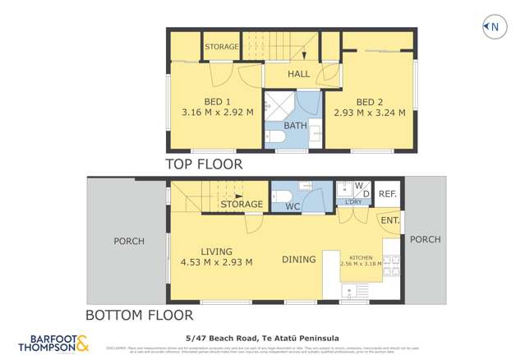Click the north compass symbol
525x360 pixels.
point(491,27)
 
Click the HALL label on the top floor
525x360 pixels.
point(298,74)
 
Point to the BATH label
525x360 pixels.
point(295,126)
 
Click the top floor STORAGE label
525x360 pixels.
point(221,47)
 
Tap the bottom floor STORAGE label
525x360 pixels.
point(242,204)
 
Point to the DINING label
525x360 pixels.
point(298,260)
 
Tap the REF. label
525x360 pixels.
point(389,194)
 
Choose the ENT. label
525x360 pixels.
point(389,220)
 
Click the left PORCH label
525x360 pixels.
point(128,242)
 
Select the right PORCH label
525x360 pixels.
point(425,239)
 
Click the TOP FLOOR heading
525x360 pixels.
point(205,164)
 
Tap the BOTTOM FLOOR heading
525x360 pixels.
point(140,315)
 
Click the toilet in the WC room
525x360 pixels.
point(279,196)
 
